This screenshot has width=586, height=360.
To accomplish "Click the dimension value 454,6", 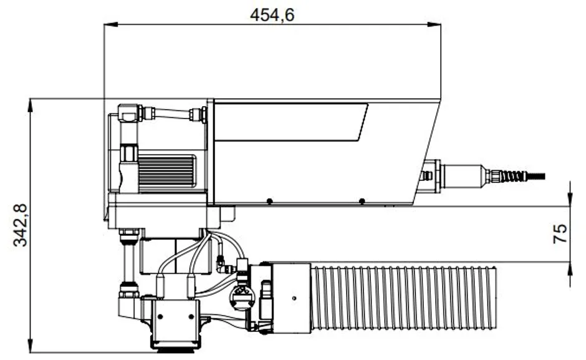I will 272,15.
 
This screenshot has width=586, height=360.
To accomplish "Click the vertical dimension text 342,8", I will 20,225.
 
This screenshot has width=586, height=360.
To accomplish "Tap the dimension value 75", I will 560,234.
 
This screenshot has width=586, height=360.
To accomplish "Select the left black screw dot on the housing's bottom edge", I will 268,201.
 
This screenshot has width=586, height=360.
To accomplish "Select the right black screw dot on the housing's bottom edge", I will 362,201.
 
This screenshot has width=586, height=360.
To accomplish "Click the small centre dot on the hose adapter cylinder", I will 293,298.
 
